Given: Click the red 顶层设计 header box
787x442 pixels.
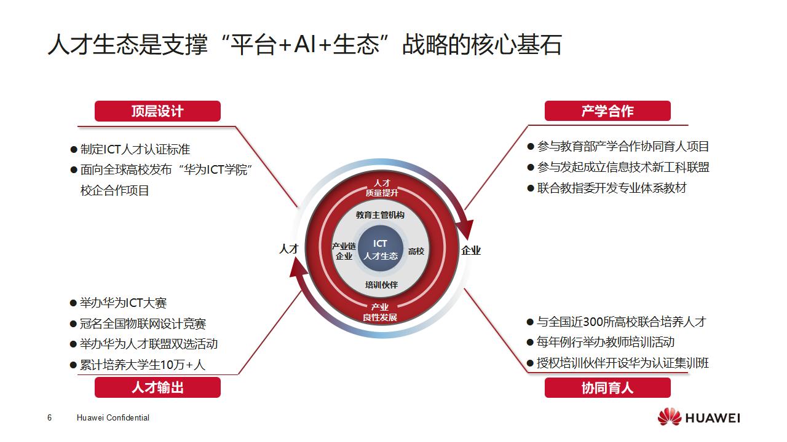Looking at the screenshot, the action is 157,111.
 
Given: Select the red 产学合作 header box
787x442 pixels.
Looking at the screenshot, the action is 607,111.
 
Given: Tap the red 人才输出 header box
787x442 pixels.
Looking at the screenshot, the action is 157,387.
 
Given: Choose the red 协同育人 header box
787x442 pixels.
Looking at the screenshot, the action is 607,387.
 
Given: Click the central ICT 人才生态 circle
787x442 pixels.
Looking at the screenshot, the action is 381,250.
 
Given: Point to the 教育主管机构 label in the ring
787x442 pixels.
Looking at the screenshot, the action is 381,215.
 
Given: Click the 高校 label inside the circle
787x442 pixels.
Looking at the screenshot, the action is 416,251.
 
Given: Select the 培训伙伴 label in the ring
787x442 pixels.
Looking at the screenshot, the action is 381,285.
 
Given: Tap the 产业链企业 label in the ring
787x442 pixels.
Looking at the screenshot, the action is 344,251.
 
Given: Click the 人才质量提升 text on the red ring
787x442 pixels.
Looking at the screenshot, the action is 382,188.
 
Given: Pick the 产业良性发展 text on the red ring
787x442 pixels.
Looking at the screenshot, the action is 380,312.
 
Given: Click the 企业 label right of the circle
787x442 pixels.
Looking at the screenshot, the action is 471,250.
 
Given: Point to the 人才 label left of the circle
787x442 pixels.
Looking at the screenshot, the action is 288,249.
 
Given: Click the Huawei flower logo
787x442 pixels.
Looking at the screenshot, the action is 669,417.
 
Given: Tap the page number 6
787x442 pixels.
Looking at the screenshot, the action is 49,418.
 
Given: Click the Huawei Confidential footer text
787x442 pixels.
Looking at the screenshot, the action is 113,418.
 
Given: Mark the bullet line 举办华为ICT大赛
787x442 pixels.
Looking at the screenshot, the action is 123,303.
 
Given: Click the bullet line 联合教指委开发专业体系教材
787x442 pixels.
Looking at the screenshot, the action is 611,188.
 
